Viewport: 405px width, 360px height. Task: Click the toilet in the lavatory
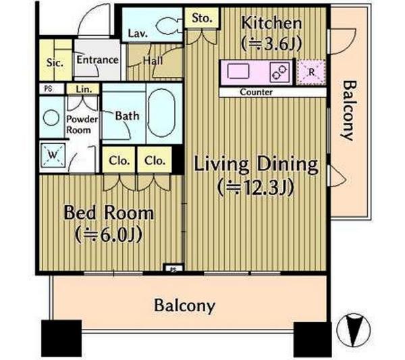169,26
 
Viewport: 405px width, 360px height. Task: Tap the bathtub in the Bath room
161,113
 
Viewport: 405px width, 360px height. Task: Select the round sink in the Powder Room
51,118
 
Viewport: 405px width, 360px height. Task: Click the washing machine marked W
53,155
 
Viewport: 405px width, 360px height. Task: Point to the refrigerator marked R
311,72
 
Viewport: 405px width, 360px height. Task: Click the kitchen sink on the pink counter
238,71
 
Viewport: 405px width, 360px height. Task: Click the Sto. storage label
202,18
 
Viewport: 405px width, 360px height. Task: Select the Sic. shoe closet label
55,63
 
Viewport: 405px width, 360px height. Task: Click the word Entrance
97,60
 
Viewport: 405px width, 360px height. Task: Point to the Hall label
153,61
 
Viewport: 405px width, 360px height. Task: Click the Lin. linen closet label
84,89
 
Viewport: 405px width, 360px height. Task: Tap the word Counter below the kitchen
256,92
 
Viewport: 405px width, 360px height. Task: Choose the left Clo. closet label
119,161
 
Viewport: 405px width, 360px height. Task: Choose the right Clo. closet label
155,161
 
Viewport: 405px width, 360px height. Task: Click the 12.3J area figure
256,187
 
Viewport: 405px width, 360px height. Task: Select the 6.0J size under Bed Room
109,234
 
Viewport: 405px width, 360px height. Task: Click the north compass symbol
353,330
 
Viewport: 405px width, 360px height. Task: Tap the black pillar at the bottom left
61,338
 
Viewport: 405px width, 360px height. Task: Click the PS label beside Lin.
48,88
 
